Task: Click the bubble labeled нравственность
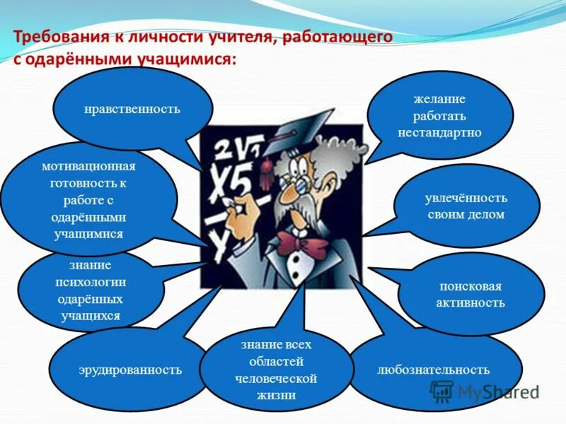click(132, 110)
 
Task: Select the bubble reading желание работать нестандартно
click(439, 115)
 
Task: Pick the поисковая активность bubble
click(470, 295)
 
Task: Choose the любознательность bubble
click(433, 370)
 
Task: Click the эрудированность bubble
click(129, 370)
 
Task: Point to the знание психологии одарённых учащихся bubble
click(91, 290)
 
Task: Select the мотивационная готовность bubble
click(88, 200)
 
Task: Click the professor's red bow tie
click(302, 243)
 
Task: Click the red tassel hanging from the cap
click(266, 165)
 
